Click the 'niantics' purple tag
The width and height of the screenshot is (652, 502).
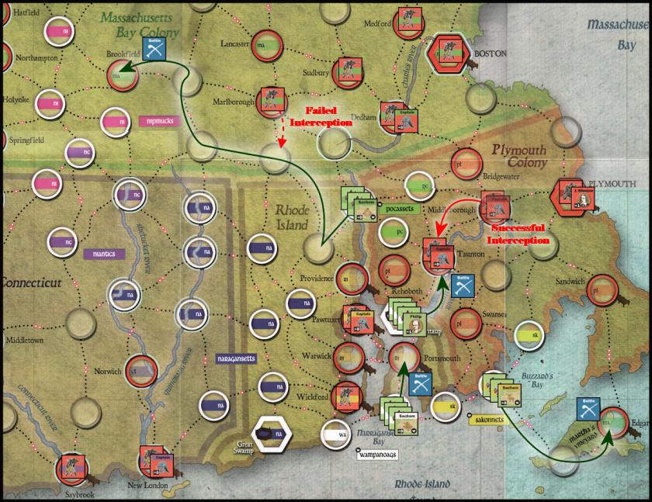tap(103, 253)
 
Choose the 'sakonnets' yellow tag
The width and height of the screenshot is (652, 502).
tap(487, 420)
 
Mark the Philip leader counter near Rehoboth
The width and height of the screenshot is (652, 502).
tap(416, 324)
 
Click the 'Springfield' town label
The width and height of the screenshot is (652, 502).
tap(26, 140)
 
